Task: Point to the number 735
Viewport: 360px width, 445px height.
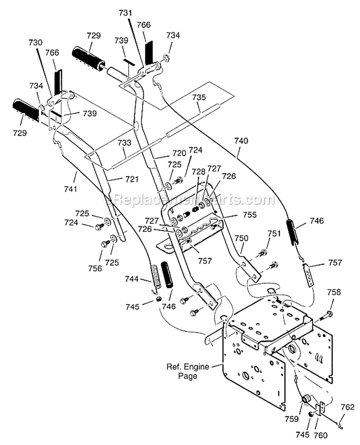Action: point(199,97)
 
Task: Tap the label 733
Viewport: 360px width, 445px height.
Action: point(124,143)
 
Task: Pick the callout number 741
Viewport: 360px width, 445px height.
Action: point(70,189)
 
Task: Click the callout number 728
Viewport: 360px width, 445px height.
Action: point(198,171)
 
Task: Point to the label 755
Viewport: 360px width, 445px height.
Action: point(236,215)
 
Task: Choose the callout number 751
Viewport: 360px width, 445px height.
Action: point(273,233)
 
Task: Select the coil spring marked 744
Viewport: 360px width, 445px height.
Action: point(156,277)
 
